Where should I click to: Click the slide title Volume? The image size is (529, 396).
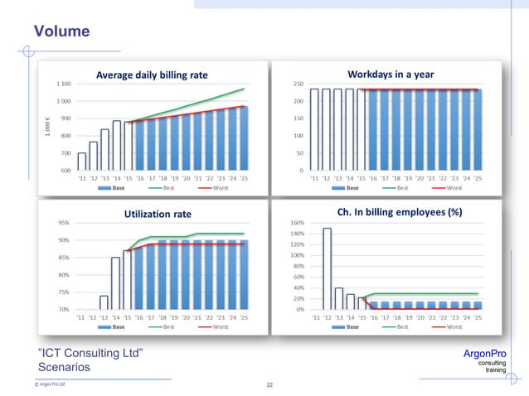pos(61,31)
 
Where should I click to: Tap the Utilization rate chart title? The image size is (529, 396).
pos(157,214)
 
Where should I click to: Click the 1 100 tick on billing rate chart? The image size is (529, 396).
pos(63,84)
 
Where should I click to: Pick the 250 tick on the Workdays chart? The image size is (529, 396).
pos(296,84)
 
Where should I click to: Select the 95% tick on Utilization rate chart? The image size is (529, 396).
pos(62,223)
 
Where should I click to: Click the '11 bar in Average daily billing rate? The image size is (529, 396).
pos(81,161)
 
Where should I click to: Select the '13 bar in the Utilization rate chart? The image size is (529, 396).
pos(104,302)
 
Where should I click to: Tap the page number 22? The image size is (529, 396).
pos(269,384)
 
